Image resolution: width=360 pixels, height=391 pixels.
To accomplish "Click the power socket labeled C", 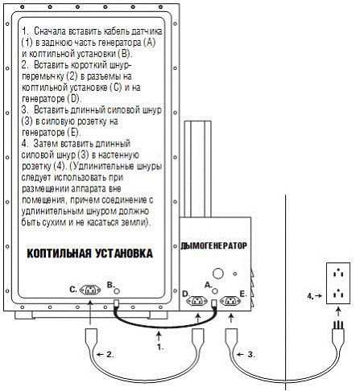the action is click(90, 290).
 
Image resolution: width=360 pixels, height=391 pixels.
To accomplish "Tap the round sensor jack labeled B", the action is click(117, 290).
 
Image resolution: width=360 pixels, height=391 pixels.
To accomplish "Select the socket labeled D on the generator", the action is click(197, 301).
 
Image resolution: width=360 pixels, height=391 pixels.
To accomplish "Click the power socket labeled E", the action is click(230, 301).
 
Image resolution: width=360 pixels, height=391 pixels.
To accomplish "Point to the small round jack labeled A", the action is click(215, 291).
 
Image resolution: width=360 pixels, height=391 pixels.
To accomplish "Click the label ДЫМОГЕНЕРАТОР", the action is click(214, 245).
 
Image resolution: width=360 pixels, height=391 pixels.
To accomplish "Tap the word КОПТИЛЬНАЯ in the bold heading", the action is click(59, 253).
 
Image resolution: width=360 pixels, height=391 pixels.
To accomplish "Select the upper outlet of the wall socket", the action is click(338, 274).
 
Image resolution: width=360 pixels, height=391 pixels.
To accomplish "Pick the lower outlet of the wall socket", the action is click(338, 294).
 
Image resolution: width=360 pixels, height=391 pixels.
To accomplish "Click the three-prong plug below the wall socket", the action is click(338, 331).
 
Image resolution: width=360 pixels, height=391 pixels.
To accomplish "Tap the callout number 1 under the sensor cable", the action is click(160, 348).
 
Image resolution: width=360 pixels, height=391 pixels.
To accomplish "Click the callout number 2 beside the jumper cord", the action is click(110, 354).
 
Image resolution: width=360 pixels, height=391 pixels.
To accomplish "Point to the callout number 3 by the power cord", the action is click(251, 355).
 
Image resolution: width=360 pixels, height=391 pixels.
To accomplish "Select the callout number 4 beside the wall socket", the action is click(311, 296).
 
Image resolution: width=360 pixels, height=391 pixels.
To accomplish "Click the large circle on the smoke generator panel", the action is click(218, 274).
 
